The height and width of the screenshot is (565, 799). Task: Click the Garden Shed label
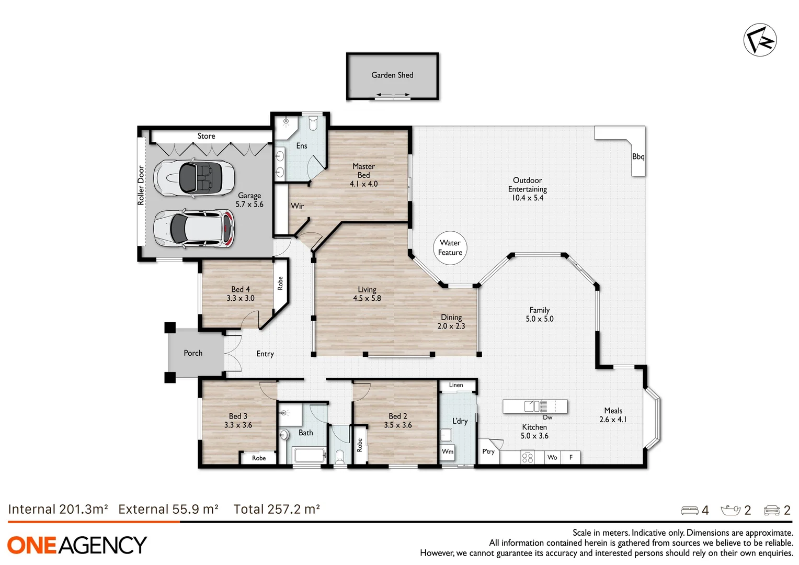[x=392, y=75]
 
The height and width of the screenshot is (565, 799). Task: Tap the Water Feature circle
[x=450, y=248]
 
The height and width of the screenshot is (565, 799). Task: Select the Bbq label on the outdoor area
[x=638, y=156]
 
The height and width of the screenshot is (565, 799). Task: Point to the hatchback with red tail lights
[x=194, y=229]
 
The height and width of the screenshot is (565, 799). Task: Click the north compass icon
[x=760, y=40]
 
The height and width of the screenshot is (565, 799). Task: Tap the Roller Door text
[x=141, y=185]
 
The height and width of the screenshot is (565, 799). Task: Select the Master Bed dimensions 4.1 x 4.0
[x=363, y=184]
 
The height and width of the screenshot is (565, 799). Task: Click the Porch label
[x=193, y=353]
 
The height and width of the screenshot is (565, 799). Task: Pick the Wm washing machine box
[x=448, y=451]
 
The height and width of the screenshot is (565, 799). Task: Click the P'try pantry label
[x=488, y=451]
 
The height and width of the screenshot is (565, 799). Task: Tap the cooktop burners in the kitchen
[x=527, y=458]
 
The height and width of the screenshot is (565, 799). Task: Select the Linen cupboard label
[x=456, y=385]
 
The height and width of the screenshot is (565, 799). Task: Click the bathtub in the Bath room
[x=309, y=455]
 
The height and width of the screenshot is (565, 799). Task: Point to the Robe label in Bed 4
[x=280, y=283]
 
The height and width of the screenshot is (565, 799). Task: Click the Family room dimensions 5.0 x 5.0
[x=539, y=319]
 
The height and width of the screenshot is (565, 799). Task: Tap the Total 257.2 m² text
[x=277, y=509]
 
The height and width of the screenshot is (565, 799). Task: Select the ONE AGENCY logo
[x=77, y=545]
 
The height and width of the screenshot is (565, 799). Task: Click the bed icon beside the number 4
[x=689, y=510]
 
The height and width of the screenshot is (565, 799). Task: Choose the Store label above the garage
[x=206, y=136]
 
